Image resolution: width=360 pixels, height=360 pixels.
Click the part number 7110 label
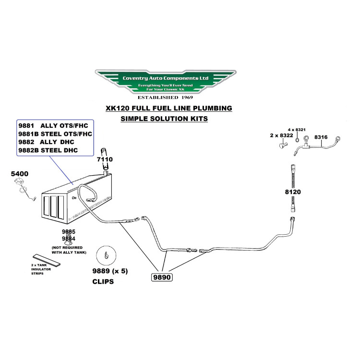pyautogui.click(x=105, y=158)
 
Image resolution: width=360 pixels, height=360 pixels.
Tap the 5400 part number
pyautogui.click(x=20, y=173)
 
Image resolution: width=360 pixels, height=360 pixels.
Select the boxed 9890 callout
pyautogui.click(x=162, y=277)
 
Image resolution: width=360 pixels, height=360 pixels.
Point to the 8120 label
pyautogui.click(x=293, y=192)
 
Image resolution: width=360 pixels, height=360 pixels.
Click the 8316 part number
pyautogui.click(x=321, y=137)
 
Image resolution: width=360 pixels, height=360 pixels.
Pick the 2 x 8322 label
pyautogui.click(x=282, y=136)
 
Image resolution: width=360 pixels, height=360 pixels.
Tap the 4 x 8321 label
pyautogui.click(x=297, y=130)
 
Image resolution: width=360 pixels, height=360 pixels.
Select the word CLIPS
pyautogui.click(x=103, y=282)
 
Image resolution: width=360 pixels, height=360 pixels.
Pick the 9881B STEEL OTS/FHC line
pyautogui.click(x=55, y=133)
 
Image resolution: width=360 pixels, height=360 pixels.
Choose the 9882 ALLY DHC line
pyautogui.click(x=48, y=142)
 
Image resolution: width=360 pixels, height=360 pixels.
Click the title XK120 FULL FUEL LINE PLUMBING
pyautogui.click(x=169, y=108)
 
